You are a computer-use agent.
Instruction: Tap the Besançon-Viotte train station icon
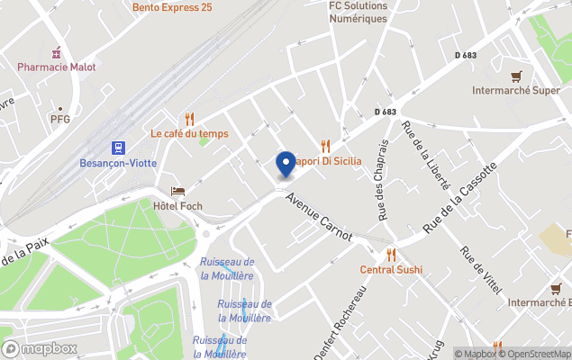pos(118,148)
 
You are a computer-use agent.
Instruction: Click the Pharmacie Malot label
pos(57,67)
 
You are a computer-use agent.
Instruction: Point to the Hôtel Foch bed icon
pos(177,192)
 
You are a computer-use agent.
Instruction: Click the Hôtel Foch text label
pos(177,206)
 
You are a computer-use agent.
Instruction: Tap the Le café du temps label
pos(189,133)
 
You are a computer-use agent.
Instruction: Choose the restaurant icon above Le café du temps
pos(189,119)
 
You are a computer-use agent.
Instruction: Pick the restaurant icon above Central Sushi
pos(391,255)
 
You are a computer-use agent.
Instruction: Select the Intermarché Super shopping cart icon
pos(516,76)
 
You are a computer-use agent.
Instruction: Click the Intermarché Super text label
pos(516,91)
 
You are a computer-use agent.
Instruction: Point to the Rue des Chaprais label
pos(383,180)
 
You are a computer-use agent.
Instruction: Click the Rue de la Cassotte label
pos(460,199)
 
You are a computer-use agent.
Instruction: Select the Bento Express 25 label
pos(172,7)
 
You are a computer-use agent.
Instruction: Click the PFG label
pos(60,119)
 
